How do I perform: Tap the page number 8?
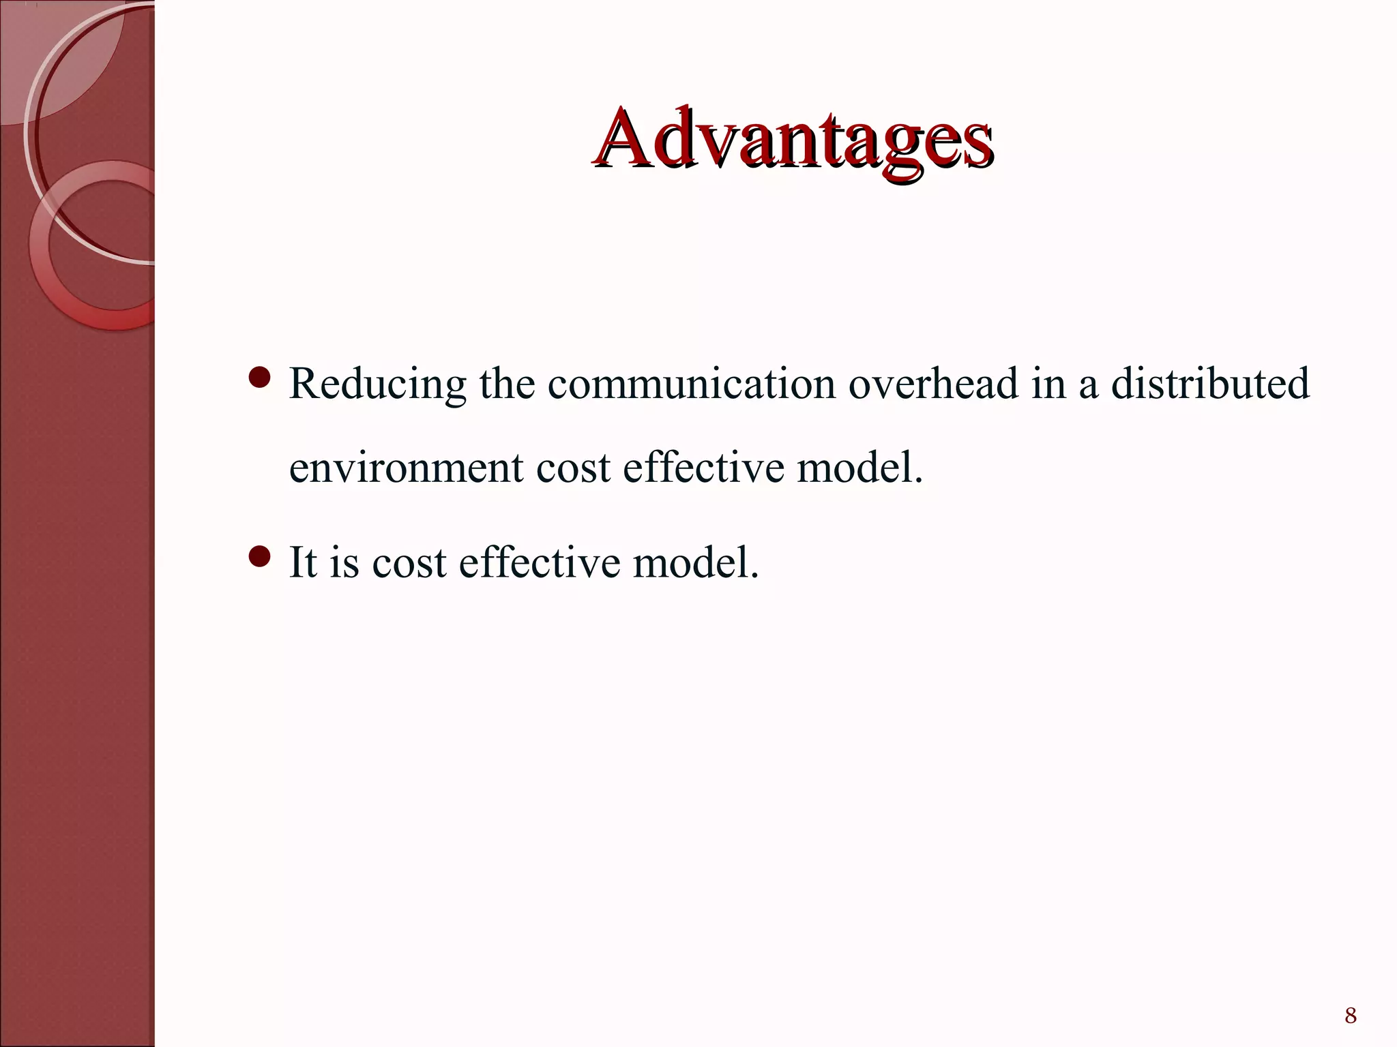pyautogui.click(x=1350, y=1016)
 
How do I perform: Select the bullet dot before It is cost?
pyautogui.click(x=260, y=557)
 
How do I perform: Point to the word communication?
pyautogui.click(x=692, y=383)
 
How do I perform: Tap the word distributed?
pyautogui.click(x=1210, y=383)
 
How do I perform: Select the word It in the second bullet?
pyautogui.click(x=302, y=563)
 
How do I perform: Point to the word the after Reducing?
pyautogui.click(x=507, y=383)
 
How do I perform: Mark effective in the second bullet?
pyautogui.click(x=540, y=563)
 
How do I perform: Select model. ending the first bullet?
pyautogui.click(x=859, y=468)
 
